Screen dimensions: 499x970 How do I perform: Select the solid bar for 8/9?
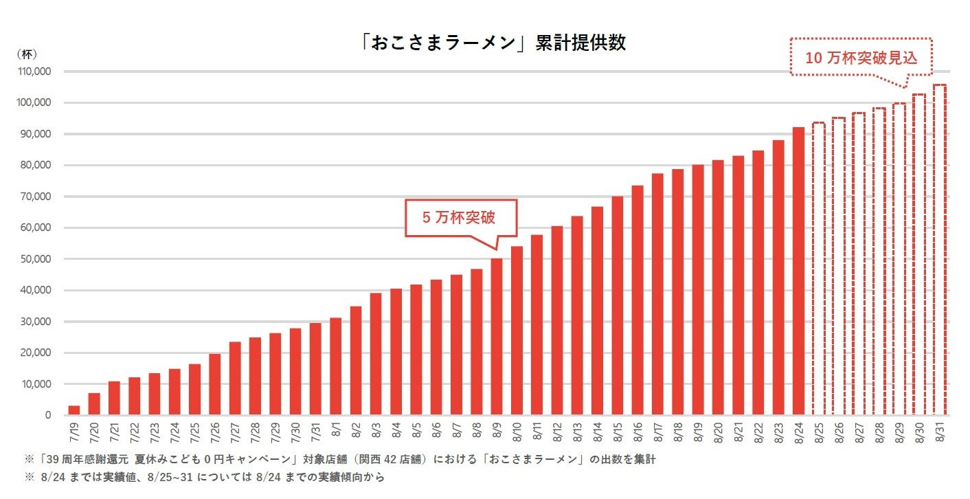(497, 337)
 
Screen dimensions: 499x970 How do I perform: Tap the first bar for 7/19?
(74, 410)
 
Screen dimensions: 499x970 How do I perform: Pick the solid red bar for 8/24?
(798, 271)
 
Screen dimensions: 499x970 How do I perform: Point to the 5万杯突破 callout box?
(460, 218)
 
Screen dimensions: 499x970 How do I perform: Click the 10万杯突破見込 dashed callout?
(861, 57)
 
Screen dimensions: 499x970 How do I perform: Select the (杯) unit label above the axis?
(27, 54)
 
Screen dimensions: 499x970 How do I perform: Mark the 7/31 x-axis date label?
(315, 432)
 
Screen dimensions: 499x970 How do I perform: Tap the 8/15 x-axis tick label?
(618, 432)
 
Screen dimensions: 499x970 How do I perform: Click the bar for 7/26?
(215, 384)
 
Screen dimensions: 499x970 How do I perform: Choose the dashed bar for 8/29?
(899, 259)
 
